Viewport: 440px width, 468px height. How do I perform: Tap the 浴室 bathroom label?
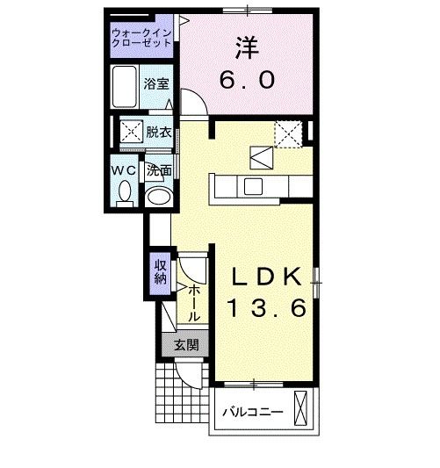(157, 85)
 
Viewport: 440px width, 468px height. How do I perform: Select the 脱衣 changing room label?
(158, 133)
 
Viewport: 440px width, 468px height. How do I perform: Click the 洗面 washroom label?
(158, 170)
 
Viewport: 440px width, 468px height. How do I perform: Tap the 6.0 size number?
(247, 81)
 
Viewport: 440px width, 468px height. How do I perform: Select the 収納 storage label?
(160, 271)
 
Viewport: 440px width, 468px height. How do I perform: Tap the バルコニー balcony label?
(251, 411)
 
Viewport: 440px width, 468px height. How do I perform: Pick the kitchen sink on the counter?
(253, 185)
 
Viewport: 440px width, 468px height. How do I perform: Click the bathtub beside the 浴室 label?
(126, 85)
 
